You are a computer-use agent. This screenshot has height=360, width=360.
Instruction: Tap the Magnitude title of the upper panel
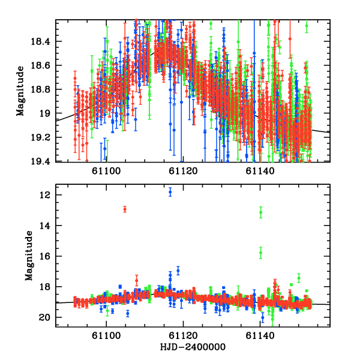coord(20,91)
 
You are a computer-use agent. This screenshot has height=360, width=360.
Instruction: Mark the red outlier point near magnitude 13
coord(125,209)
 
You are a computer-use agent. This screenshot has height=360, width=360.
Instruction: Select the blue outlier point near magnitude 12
coord(170,192)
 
